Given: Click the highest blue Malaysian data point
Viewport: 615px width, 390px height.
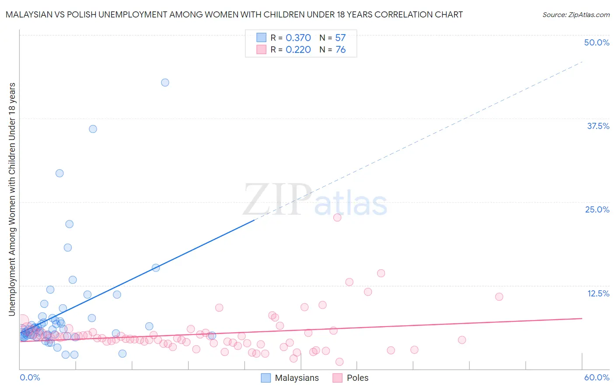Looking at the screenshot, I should [165, 83].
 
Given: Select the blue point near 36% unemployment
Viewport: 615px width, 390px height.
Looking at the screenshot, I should [93, 129].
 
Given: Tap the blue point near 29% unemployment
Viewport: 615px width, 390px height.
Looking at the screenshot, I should [59, 173].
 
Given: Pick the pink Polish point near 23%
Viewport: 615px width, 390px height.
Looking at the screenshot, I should [337, 217].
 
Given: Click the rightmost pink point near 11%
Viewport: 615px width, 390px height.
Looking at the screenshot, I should [499, 297].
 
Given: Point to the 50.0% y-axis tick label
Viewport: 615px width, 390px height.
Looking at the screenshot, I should [597, 42].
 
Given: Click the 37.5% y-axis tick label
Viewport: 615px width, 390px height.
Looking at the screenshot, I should [598, 126].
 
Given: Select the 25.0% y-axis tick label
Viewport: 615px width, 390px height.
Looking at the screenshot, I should [597, 209].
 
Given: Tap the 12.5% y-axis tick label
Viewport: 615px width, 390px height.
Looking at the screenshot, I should [598, 293].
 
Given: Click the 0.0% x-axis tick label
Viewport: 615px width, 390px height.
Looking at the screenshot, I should [30, 377].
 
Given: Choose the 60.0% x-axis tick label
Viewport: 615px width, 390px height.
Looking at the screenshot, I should [597, 377].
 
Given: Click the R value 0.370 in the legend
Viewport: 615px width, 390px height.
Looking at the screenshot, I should [298, 38].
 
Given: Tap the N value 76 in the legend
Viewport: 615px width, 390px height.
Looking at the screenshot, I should [340, 50].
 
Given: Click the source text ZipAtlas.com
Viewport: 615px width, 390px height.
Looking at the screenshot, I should [576, 14].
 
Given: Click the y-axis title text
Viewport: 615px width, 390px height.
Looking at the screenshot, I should [12, 199].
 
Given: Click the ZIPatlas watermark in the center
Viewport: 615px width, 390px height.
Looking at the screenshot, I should [315, 200].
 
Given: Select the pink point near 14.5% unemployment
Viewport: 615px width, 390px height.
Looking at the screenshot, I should [381, 273].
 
